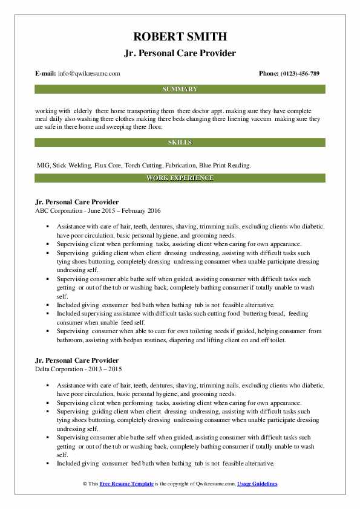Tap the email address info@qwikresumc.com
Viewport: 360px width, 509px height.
pyautogui.click(x=88, y=74)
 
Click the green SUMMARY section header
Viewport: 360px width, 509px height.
pyautogui.click(x=180, y=89)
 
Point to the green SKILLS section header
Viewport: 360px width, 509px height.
pyautogui.click(x=180, y=143)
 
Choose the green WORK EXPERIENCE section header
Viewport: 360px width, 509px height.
pyautogui.click(x=180, y=178)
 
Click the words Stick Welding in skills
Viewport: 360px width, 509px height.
pyautogui.click(x=68, y=165)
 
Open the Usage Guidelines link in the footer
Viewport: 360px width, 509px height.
pyautogui.click(x=257, y=484)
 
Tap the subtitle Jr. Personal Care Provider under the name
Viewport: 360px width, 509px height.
pyautogui.click(x=180, y=53)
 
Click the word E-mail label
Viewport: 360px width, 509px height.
pyautogui.click(x=45, y=74)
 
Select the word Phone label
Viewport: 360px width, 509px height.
pyautogui.click(x=268, y=74)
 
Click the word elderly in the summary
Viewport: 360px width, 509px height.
pyautogui.click(x=85, y=112)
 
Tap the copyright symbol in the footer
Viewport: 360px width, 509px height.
pyautogui.click(x=84, y=484)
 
